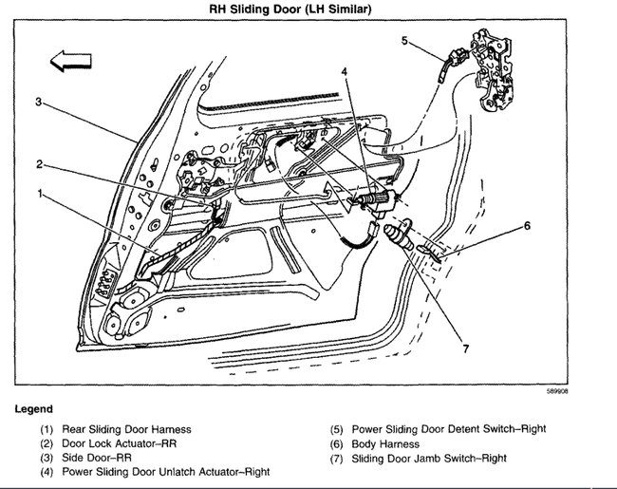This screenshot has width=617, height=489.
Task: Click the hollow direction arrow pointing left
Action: (68, 62)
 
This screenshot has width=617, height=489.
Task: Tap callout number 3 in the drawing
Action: (39, 102)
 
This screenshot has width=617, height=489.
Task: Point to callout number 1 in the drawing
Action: (40, 193)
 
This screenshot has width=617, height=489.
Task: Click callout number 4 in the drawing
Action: (345, 70)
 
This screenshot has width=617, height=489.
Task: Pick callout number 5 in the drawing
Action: (403, 40)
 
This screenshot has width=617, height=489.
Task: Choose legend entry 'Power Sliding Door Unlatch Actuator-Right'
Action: (167, 471)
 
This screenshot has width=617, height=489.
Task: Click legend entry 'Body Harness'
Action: (388, 443)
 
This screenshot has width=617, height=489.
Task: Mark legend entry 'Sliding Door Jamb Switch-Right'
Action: (429, 458)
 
